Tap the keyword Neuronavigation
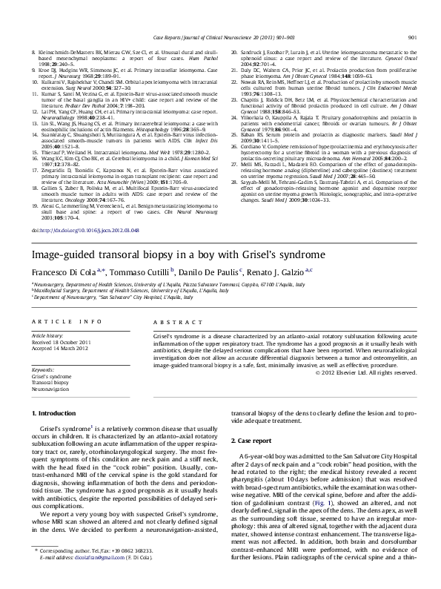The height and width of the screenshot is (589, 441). pos(50,389)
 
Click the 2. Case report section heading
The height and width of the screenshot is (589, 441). pos(255,440)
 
